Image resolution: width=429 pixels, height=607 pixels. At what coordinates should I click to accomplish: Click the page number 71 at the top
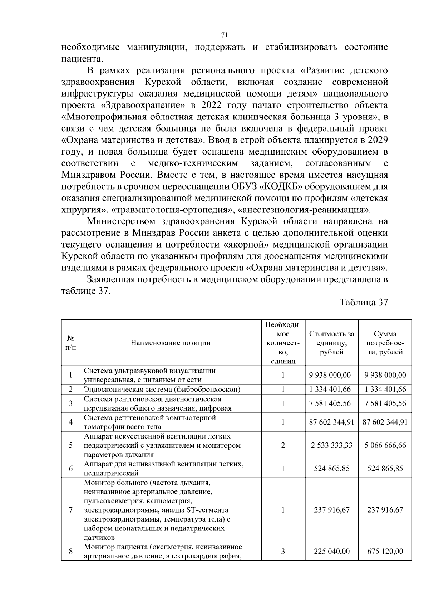pyautogui.click(x=225, y=35)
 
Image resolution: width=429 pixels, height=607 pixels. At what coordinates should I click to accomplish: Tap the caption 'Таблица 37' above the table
pyautogui.click(x=364, y=302)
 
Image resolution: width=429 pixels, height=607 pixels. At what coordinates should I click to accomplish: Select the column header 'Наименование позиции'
pyautogui.click(x=171, y=343)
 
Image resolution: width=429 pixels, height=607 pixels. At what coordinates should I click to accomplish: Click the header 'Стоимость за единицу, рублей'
pyautogui.click(x=331, y=343)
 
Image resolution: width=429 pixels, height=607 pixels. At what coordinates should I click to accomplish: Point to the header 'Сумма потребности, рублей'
pyautogui.click(x=385, y=343)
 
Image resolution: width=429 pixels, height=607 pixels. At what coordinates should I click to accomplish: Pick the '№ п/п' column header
pyautogui.click(x=70, y=342)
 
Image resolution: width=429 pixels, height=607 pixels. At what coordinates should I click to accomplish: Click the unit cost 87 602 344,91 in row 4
pyautogui.click(x=331, y=422)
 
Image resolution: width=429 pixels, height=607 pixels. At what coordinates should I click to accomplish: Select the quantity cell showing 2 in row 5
pyautogui.click(x=283, y=445)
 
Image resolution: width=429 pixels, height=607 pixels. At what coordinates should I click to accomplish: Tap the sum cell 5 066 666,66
pyautogui.click(x=385, y=445)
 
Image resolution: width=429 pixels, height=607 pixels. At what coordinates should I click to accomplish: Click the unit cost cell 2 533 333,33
pyautogui.click(x=331, y=445)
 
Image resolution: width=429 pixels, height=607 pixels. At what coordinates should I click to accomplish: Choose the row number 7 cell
pyautogui.click(x=70, y=510)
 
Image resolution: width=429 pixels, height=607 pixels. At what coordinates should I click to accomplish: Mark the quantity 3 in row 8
pyautogui.click(x=283, y=551)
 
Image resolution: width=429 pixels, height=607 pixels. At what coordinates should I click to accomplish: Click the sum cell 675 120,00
pyautogui.click(x=385, y=551)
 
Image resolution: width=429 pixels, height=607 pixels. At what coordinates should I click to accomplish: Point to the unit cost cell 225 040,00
pyautogui.click(x=331, y=551)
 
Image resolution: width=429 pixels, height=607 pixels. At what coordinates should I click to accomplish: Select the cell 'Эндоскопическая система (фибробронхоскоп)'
pyautogui.click(x=162, y=389)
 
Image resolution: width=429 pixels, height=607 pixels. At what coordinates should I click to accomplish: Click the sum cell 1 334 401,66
pyautogui.click(x=385, y=389)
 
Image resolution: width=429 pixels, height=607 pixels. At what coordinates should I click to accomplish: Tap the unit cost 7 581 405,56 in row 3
pyautogui.click(x=331, y=403)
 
